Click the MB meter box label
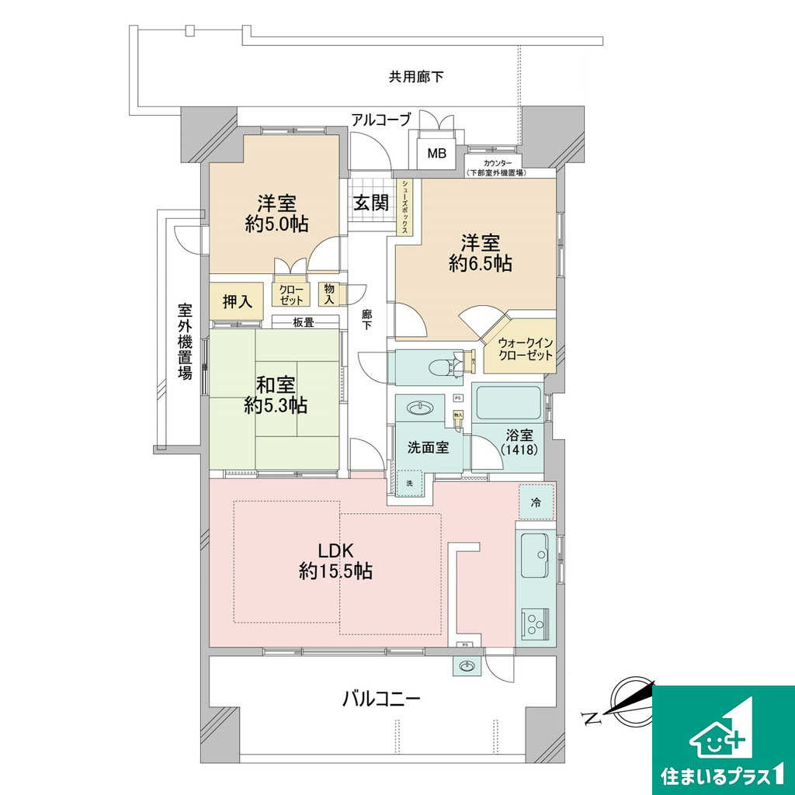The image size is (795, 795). point(437,154)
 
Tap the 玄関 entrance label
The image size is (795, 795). point(371,203)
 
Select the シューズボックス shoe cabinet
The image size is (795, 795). point(405,207)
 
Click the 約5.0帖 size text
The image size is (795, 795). point(277,224)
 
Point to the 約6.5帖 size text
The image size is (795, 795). point(480,263)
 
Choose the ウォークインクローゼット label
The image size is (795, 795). point(526,348)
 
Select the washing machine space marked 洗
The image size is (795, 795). point(410,483)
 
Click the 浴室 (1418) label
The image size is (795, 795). point(517,442)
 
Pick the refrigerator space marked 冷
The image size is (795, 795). point(536,502)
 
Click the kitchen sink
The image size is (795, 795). point(536,556)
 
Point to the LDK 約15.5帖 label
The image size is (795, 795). point(335,560)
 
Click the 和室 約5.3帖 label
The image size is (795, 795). point(276,394)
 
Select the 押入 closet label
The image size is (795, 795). point(238,302)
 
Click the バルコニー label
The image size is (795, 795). point(381,699)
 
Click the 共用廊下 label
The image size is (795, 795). point(416,77)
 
